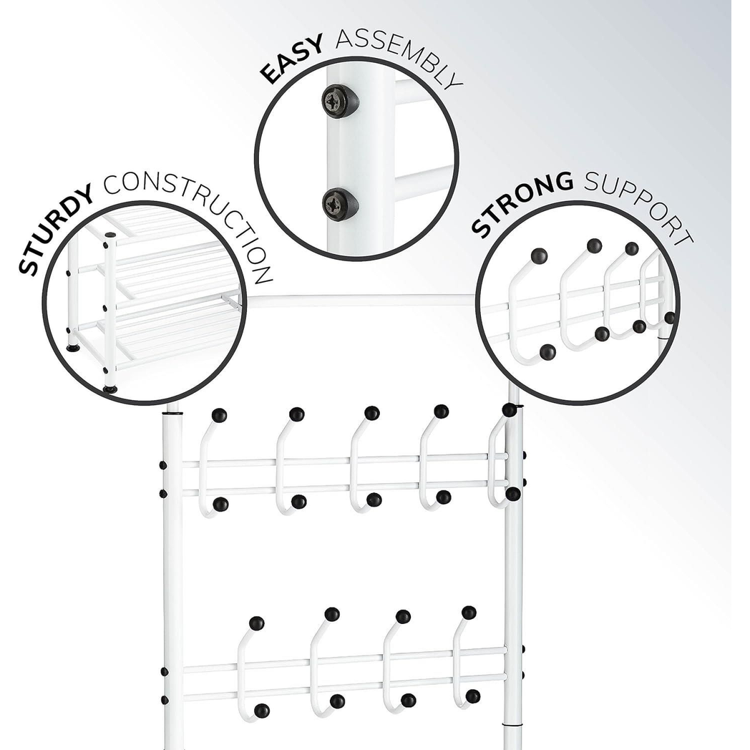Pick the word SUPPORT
click(x=641, y=205)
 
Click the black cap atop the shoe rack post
click(x=110, y=235)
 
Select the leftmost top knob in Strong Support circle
click(x=539, y=256)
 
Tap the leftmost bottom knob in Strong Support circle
click(x=547, y=353)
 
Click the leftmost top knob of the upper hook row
click(x=219, y=414)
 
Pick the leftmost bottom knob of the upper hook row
click(x=220, y=505)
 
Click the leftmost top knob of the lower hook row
click(x=257, y=623)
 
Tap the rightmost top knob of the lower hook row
click(x=469, y=613)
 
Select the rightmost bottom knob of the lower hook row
click(x=473, y=696)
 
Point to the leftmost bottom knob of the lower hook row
click(x=262, y=711)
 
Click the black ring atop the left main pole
click(x=173, y=412)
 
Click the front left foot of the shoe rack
click(x=110, y=390)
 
